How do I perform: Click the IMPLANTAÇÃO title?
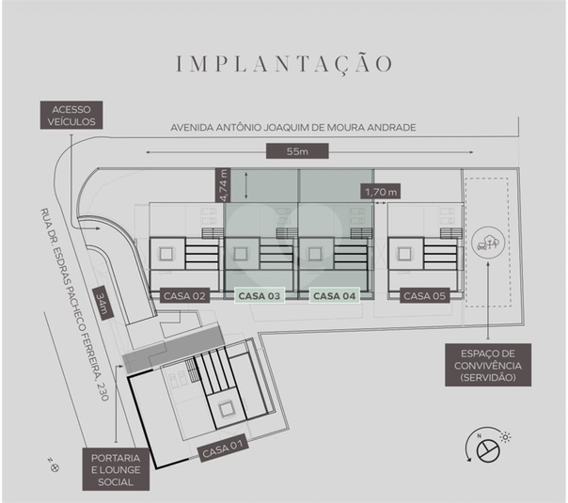coord(284,64)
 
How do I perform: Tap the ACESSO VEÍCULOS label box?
coord(71,115)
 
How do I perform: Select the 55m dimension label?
coord(297,151)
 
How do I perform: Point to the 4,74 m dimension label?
coord(223,184)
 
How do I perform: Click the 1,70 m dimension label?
coord(381,191)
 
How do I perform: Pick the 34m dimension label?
coord(101,304)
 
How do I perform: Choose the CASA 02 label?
coord(184,296)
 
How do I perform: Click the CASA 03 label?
coord(260,296)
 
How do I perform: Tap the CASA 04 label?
coord(335,296)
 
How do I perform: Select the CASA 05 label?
coord(424,296)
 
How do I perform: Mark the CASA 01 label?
coord(223,448)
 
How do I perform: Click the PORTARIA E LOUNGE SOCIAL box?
coord(116,470)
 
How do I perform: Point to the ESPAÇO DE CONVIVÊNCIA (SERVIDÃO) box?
coord(488,365)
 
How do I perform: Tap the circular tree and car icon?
coord(488,242)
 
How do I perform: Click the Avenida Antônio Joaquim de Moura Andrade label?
coord(293,128)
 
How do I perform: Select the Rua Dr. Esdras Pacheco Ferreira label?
coord(74,305)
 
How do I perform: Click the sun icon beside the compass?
coord(505,437)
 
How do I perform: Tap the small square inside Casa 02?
coord(166,254)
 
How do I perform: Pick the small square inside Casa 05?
coord(404,254)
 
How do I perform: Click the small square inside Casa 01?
coord(227,410)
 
